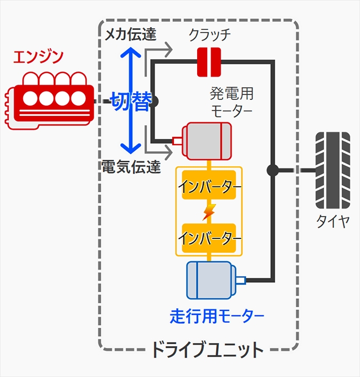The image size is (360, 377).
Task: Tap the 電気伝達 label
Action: click(x=128, y=166)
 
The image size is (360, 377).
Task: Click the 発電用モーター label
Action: click(x=231, y=100)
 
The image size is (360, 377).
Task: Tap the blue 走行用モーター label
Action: click(x=217, y=317)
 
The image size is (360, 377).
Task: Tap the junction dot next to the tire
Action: click(x=272, y=170)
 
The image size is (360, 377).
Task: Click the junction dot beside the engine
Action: click(x=153, y=101)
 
